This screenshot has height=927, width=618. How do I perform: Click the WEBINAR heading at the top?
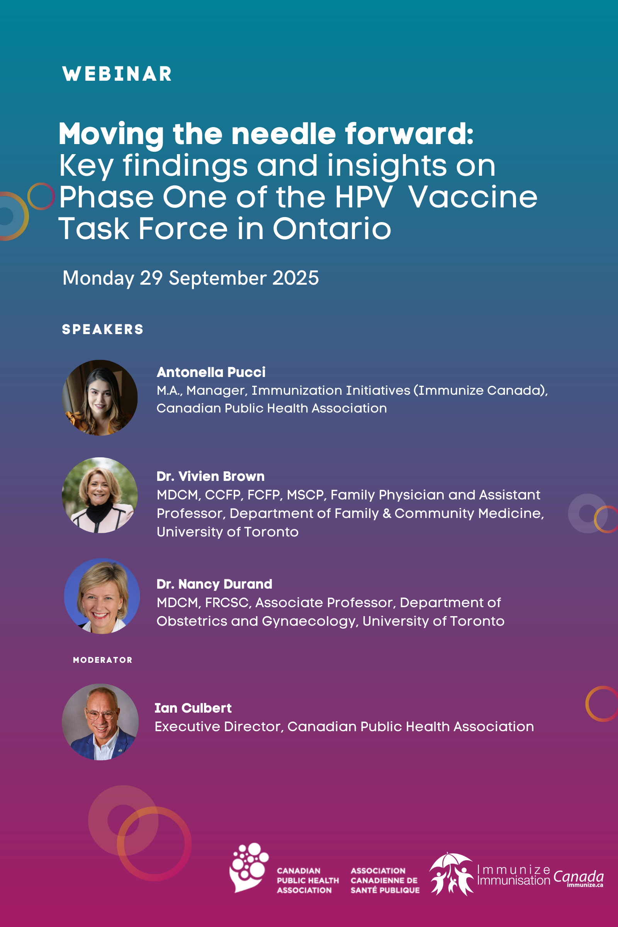[x=117, y=74]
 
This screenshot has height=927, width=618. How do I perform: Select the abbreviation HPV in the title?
[x=364, y=197]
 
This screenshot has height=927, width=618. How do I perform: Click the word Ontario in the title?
[x=332, y=228]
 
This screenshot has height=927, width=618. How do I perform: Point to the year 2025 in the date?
[x=295, y=278]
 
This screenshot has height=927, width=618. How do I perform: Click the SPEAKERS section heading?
[x=103, y=329]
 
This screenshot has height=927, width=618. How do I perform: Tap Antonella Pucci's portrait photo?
[x=100, y=398]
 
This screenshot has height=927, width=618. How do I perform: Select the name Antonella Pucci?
[x=211, y=372]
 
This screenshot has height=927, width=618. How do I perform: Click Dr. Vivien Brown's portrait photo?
[x=100, y=495]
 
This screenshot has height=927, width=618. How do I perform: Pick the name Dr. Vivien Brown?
[x=211, y=476]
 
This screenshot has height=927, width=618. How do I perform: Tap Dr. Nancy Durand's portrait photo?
[x=102, y=596]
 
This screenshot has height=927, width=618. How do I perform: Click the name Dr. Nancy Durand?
[x=214, y=584]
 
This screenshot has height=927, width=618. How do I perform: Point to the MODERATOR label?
[x=103, y=660]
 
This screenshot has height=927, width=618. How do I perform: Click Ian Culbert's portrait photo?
[x=100, y=722]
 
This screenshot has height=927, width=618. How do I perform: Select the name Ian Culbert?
[x=193, y=708]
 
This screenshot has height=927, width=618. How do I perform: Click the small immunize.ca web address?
[x=585, y=885]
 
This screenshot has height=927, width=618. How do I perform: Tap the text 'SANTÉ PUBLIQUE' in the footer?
[x=385, y=890]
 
